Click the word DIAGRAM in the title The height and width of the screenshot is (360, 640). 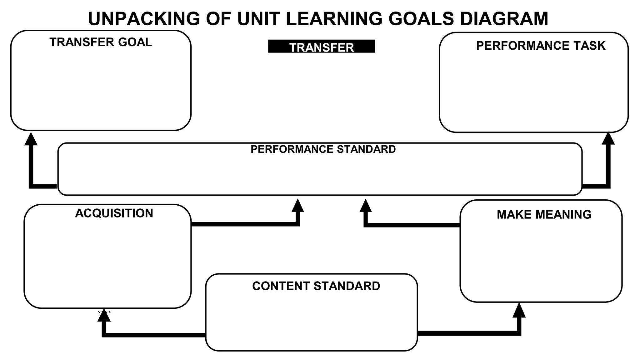click(x=504, y=19)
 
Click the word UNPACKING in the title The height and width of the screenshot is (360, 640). click(x=144, y=19)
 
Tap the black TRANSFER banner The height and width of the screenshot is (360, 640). click(x=322, y=46)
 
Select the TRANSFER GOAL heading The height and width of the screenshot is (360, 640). click(x=101, y=42)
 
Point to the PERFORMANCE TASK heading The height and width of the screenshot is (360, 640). click(x=541, y=46)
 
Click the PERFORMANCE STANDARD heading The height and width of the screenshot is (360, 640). click(x=323, y=149)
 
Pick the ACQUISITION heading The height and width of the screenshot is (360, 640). click(x=114, y=213)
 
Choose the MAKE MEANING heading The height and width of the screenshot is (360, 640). click(x=544, y=215)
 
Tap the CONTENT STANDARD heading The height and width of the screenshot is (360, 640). click(x=316, y=286)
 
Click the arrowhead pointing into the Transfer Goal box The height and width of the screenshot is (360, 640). click(x=31, y=139)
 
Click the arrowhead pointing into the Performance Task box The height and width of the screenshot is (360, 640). click(x=608, y=139)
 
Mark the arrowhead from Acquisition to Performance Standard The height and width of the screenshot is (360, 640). click(x=297, y=206)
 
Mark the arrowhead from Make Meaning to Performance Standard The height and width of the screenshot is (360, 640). click(x=366, y=206)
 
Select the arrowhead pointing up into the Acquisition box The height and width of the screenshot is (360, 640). click(x=104, y=316)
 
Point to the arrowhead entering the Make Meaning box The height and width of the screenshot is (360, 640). click(x=519, y=311)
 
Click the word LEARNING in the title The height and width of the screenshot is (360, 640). click(x=334, y=19)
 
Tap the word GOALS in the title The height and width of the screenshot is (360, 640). click(x=421, y=19)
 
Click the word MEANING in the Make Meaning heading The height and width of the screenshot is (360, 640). click(x=563, y=215)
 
